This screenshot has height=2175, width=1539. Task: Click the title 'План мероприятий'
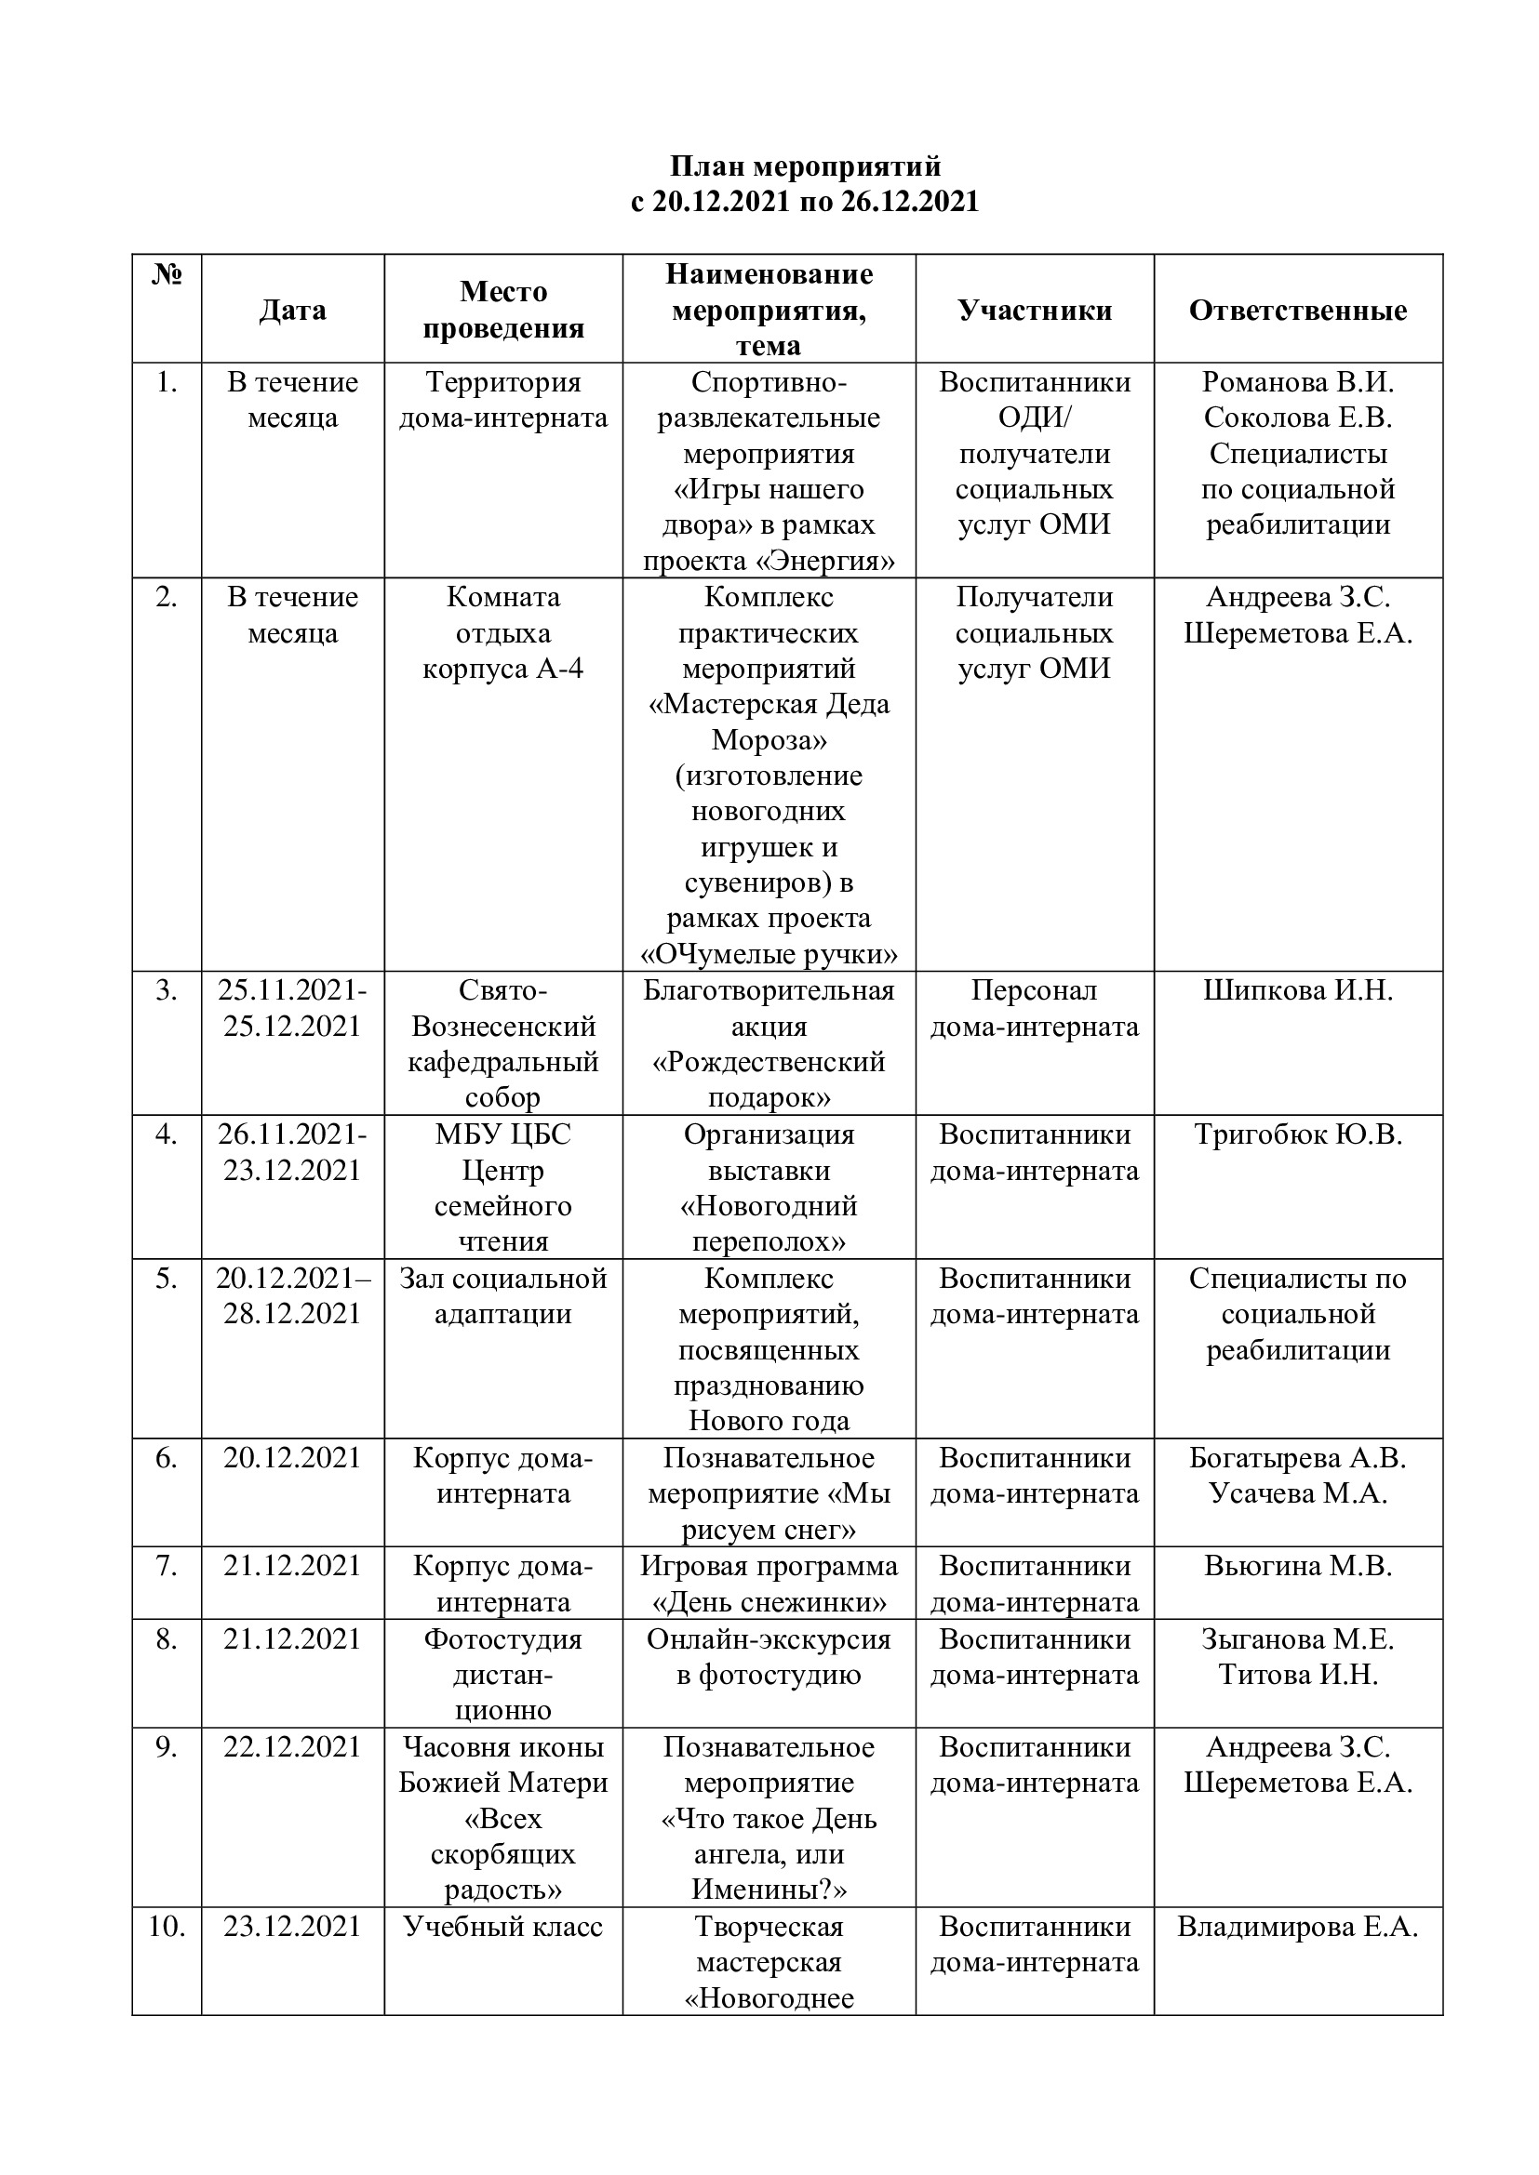tap(805, 166)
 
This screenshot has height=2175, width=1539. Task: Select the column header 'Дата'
tap(293, 310)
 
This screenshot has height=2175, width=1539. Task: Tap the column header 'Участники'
tap(1034, 310)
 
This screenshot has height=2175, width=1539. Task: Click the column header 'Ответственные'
tap(1297, 310)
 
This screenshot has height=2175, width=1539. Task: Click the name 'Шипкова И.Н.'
tap(1297, 991)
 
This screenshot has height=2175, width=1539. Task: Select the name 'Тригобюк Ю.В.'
tap(1297, 1134)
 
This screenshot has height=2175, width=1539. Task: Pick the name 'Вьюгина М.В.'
tap(1297, 1566)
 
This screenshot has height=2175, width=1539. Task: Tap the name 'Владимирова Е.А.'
tap(1297, 1927)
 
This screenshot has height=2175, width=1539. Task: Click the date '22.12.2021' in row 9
tap(293, 1747)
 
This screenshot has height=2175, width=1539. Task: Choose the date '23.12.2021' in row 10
tap(293, 1927)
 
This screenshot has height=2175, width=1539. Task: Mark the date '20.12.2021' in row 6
tap(293, 1458)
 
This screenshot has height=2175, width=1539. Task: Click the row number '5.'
tap(167, 1279)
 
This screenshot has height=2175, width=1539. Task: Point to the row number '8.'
tap(167, 1638)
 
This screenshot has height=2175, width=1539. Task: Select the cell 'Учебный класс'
tap(502, 1927)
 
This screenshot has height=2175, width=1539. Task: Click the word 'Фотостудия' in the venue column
tap(502, 1638)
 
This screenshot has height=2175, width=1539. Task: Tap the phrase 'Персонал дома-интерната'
tap(1034, 1009)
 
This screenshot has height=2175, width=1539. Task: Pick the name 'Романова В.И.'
tap(1297, 383)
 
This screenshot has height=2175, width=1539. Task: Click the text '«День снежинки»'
tap(769, 1603)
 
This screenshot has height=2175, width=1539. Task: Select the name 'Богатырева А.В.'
tap(1297, 1458)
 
